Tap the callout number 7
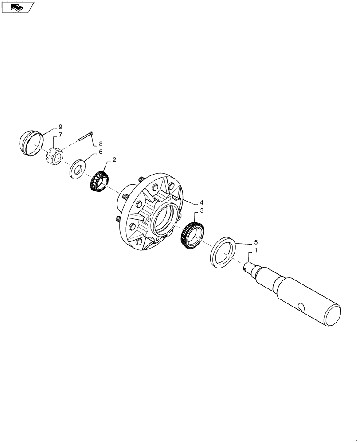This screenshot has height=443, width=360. click(60, 135)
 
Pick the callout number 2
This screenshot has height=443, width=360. click(114, 159)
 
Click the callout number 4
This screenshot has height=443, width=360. click(202, 202)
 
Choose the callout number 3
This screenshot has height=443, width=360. click(202, 210)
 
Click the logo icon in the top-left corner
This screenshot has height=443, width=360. click(18, 7)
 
